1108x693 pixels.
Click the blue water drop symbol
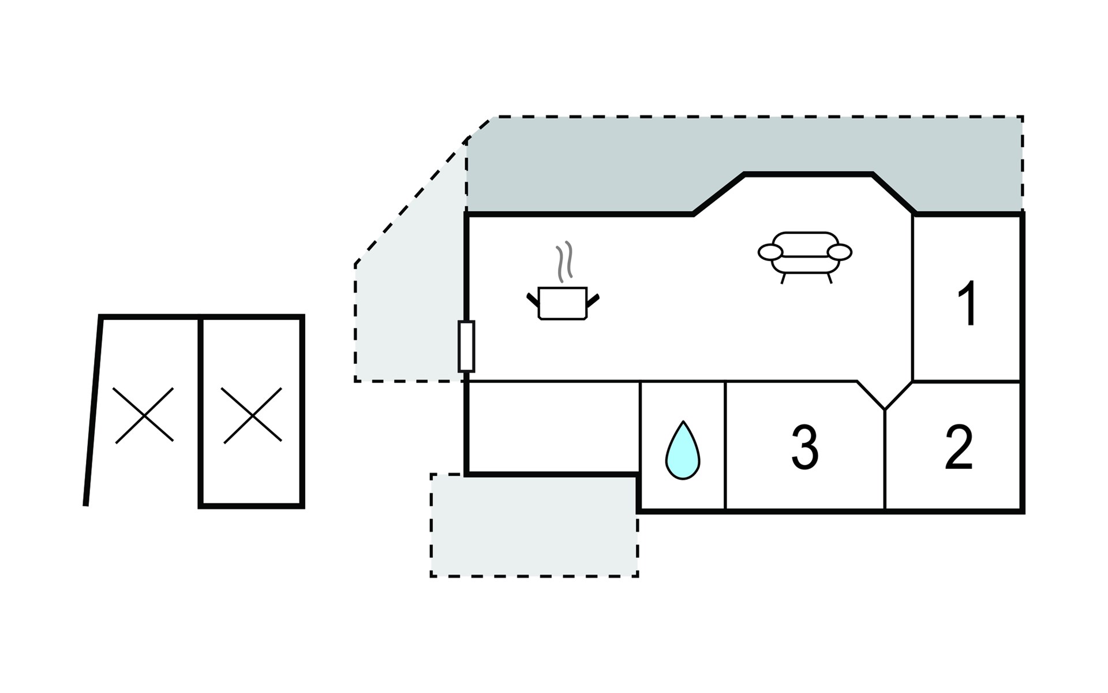coord(683,450)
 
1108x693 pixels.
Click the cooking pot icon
coord(563,303)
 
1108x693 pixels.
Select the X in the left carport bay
coord(143,415)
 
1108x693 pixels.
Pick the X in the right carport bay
coord(252,415)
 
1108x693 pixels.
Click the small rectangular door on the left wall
coord(466,346)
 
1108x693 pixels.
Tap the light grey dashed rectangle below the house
coord(534,526)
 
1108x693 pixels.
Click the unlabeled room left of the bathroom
coord(553,427)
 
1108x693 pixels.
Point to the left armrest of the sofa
coord(770,252)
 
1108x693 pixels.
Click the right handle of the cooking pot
coord(593,300)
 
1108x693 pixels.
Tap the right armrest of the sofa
coord(840,252)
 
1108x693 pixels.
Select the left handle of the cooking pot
coord(533,300)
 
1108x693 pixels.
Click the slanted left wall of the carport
coord(93,411)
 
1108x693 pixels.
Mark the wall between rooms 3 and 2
coord(885,460)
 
